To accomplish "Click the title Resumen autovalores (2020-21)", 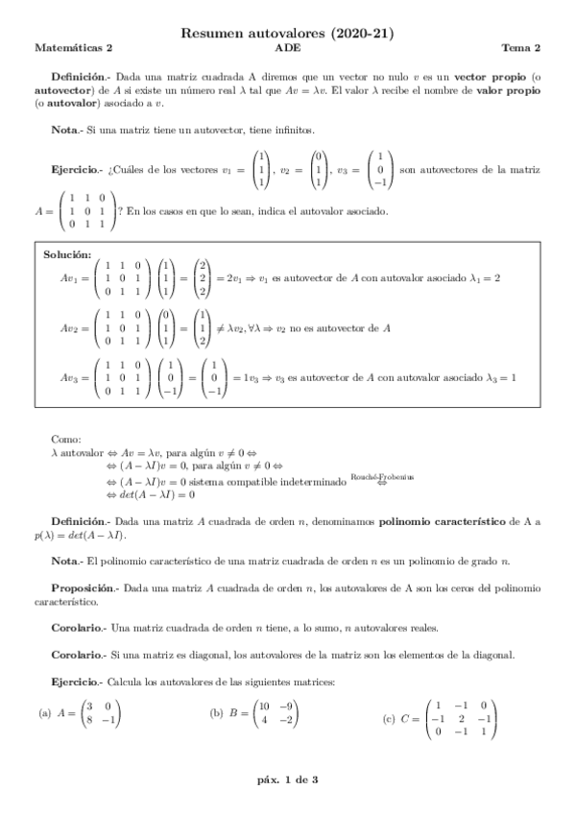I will [287, 33].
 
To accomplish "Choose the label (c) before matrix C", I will [388, 718].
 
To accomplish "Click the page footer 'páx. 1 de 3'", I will [287, 779].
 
